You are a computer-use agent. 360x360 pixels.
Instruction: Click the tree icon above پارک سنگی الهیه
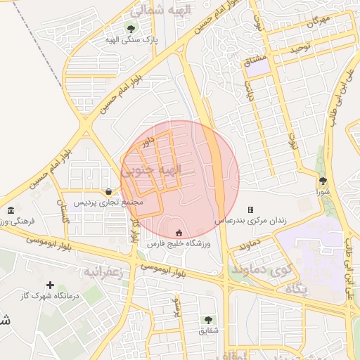click(x=130, y=28)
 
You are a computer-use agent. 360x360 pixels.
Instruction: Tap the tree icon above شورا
click(x=323, y=181)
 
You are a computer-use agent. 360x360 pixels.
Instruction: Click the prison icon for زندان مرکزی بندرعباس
click(x=250, y=210)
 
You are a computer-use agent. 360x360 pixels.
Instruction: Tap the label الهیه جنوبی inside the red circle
click(x=151, y=169)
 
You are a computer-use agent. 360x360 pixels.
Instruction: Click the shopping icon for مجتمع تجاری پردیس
click(x=108, y=191)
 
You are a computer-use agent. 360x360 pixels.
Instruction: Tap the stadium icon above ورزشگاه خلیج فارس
click(x=178, y=233)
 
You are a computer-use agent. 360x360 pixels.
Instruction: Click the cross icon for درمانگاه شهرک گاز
click(x=49, y=285)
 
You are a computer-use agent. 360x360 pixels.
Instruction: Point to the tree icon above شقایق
click(x=208, y=319)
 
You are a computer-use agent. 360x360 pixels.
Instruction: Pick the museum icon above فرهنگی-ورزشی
click(x=11, y=210)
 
